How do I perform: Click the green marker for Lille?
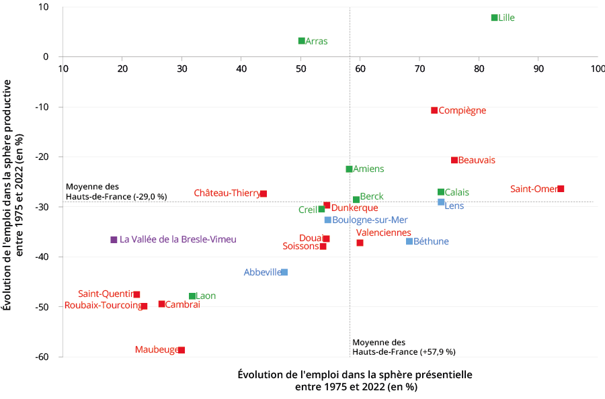point(494,17)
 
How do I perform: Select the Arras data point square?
point(302,41)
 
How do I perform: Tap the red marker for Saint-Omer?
point(561,189)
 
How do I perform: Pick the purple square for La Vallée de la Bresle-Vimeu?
point(114,240)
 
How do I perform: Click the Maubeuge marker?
point(182,350)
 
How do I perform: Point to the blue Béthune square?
point(409,241)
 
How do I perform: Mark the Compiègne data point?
point(434,110)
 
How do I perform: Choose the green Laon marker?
point(192,296)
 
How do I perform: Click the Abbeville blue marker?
point(284,272)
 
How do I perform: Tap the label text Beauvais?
point(477,160)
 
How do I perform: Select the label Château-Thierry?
point(227,193)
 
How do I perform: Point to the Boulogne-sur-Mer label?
point(370,220)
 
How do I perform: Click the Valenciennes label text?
point(383,232)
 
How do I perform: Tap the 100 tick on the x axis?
point(597,69)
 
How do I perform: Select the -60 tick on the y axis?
point(41,357)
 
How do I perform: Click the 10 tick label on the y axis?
point(44,7)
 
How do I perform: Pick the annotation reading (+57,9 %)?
point(437,351)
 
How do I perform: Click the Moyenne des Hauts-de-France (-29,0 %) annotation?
point(116,191)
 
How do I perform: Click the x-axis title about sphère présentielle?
point(355,380)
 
